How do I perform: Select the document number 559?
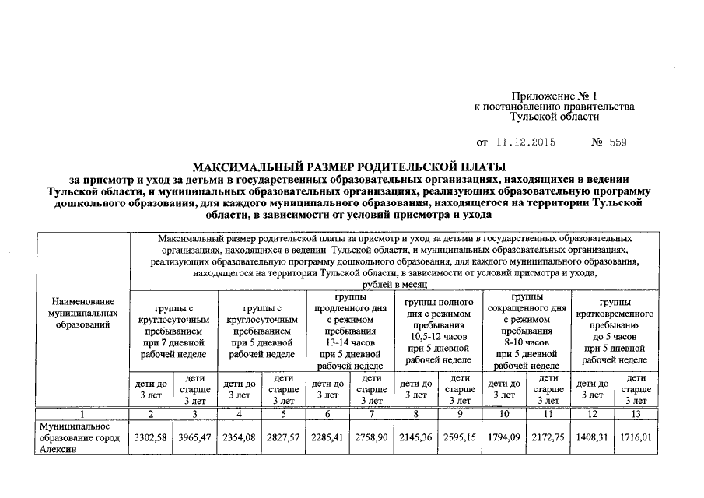pyautogui.click(x=618, y=143)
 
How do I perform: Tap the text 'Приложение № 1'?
pyautogui.click(x=554, y=94)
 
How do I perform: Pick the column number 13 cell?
pyautogui.click(x=636, y=414)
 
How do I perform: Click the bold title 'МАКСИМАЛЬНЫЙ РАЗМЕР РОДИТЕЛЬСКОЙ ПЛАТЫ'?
pyautogui.click(x=349, y=167)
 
